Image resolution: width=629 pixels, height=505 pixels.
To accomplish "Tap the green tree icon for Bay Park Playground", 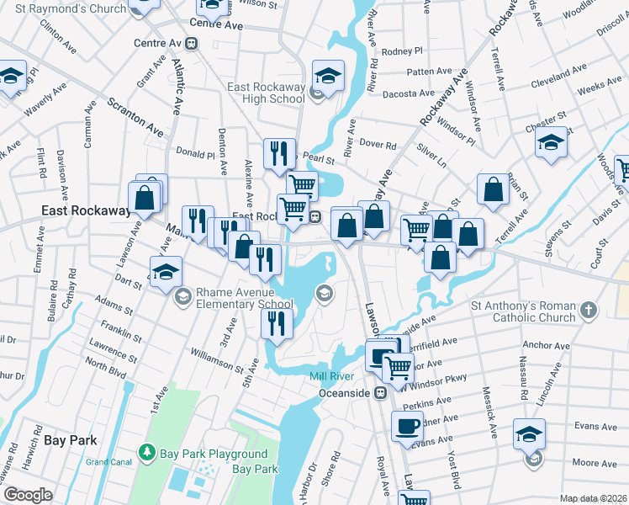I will click(x=148, y=454).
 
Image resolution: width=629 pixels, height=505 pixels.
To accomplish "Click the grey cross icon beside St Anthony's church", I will click(x=589, y=311).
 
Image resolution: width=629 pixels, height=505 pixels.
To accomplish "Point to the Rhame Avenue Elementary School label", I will click(x=244, y=299).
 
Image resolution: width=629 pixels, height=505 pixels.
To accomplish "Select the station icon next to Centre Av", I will click(x=193, y=43).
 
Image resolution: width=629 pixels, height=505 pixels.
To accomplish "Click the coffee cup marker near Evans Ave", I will click(x=409, y=427).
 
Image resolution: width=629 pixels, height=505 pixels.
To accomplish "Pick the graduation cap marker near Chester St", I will click(x=551, y=143).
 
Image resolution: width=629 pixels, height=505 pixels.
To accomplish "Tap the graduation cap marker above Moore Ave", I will click(x=529, y=435).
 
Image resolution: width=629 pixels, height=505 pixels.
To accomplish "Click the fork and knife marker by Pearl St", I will click(x=278, y=154).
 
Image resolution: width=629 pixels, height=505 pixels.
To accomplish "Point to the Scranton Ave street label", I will click(x=135, y=116).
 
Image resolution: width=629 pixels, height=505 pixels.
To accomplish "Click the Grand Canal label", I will click(x=108, y=462).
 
